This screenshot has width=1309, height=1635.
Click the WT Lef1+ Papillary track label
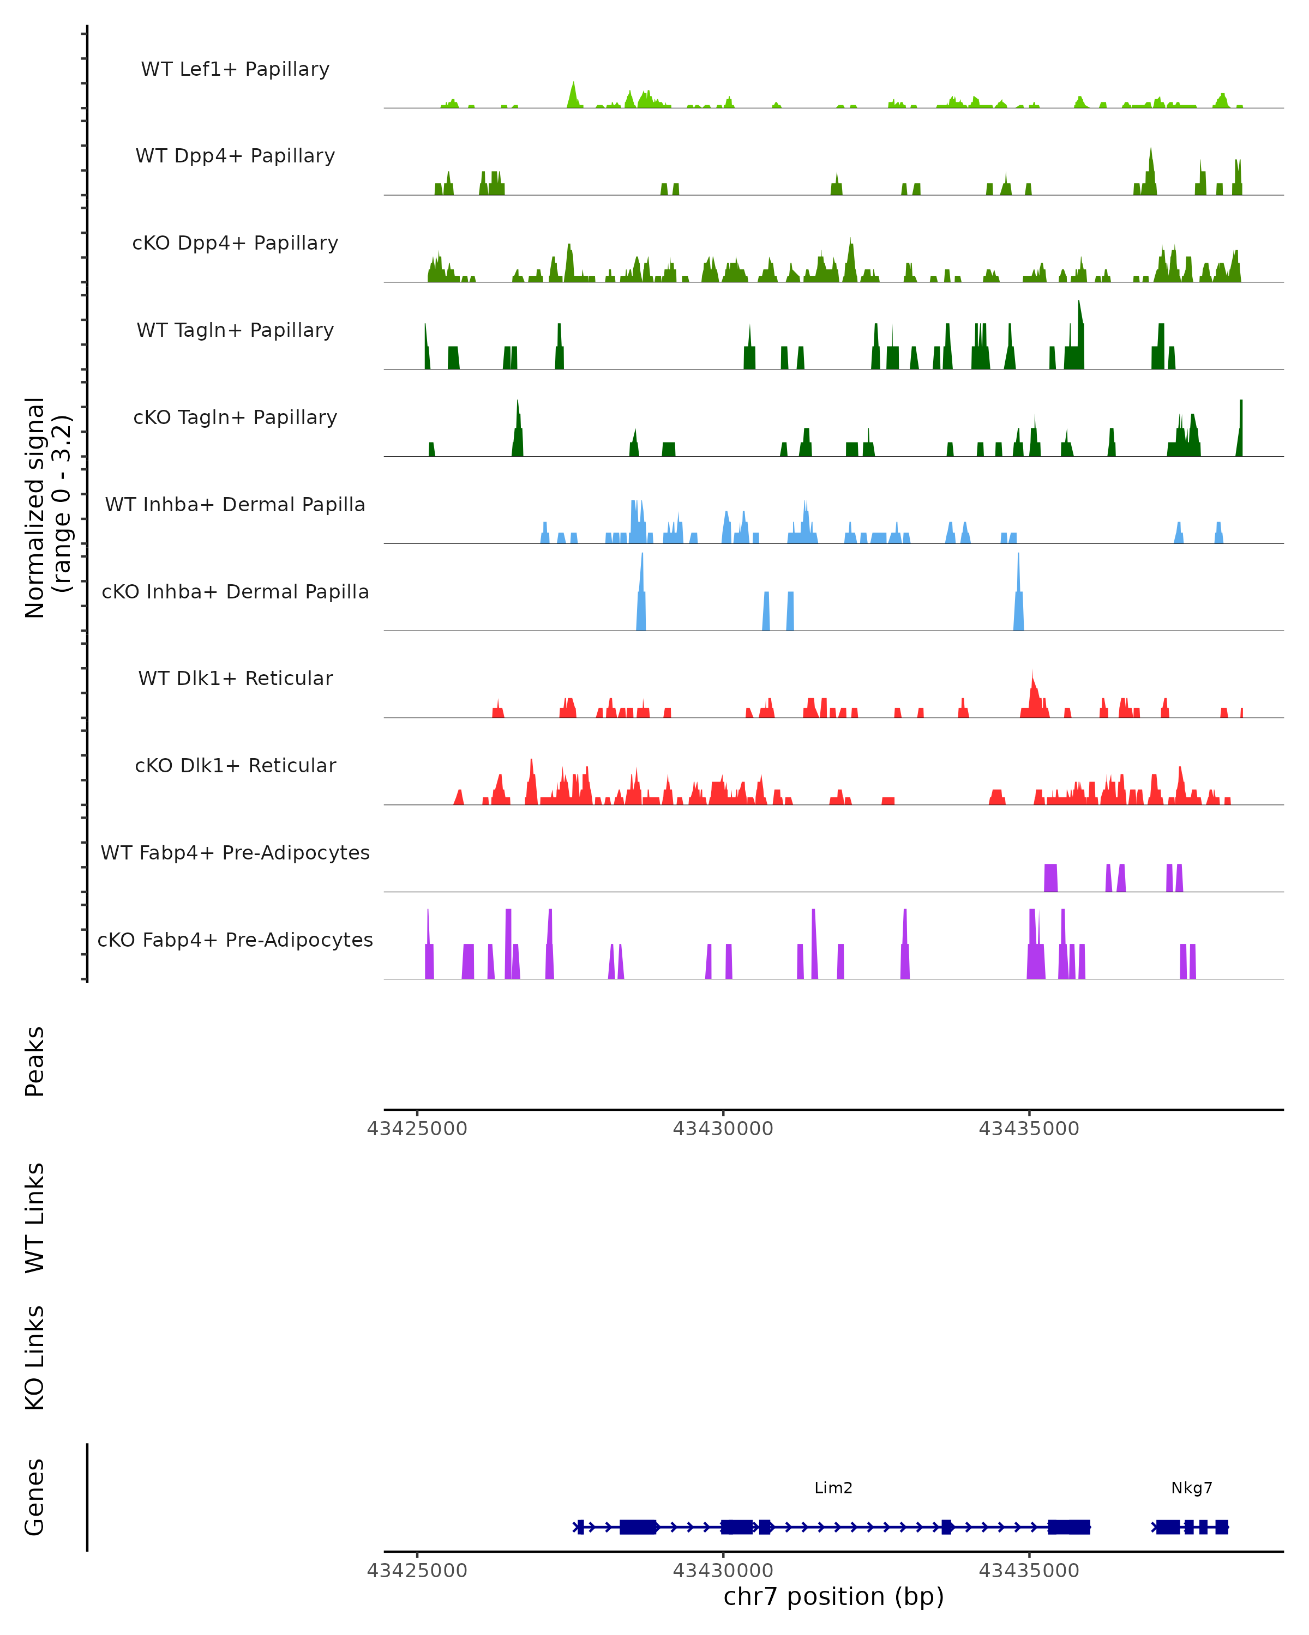click(235, 69)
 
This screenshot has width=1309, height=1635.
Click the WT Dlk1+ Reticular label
click(235, 678)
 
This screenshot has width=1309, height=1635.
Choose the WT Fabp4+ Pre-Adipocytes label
click(235, 852)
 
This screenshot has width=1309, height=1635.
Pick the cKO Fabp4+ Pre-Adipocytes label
click(235, 940)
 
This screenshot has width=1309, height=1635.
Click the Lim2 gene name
click(833, 1488)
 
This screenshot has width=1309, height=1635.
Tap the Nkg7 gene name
click(1191, 1488)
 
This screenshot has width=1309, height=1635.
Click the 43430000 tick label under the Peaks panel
click(723, 1129)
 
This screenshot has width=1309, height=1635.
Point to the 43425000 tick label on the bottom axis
click(417, 1571)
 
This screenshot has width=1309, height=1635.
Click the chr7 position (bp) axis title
click(833, 1597)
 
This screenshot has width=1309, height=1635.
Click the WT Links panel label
click(35, 1217)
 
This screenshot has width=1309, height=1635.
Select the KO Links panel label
click(35, 1358)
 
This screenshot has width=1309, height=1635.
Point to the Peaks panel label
click(35, 1061)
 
